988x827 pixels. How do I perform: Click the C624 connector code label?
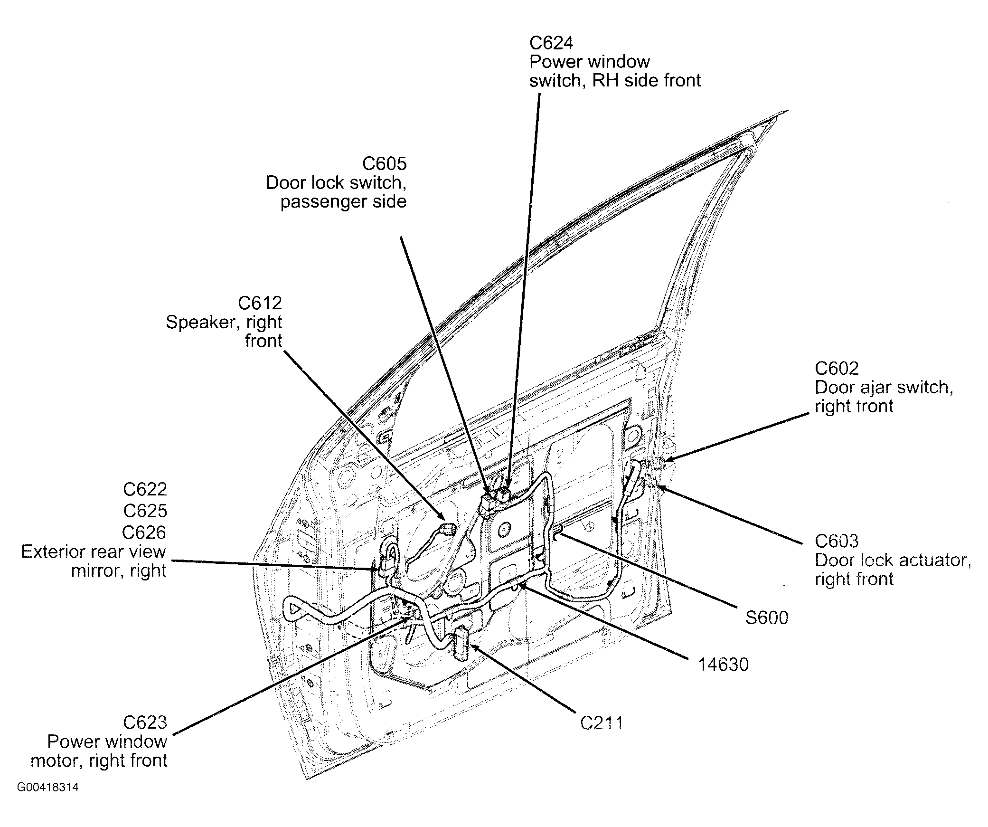551,43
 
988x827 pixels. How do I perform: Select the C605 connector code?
384,164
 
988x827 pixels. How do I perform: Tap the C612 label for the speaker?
260,303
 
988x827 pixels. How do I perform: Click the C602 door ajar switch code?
837,369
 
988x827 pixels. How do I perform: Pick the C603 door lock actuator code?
837,541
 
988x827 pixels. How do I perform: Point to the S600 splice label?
766,618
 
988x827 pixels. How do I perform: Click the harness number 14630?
723,665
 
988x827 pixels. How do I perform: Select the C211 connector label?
601,723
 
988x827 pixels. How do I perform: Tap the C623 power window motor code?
145,722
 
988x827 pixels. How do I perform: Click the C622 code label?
145,489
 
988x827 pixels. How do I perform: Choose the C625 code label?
145,511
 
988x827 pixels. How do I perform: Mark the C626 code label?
144,532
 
